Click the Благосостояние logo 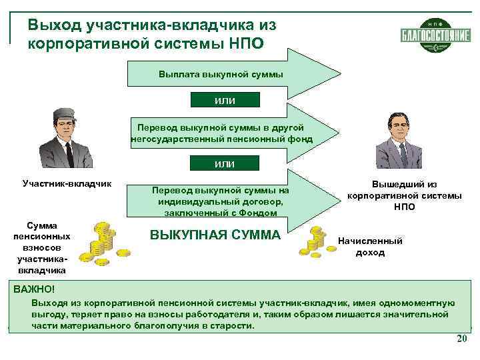click(436, 34)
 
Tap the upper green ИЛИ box click(225, 100)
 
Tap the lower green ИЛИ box click(225, 163)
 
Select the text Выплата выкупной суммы click(221, 75)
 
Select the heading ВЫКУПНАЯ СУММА click(215, 235)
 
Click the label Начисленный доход click(371, 247)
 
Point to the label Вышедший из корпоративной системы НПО click(404, 196)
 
